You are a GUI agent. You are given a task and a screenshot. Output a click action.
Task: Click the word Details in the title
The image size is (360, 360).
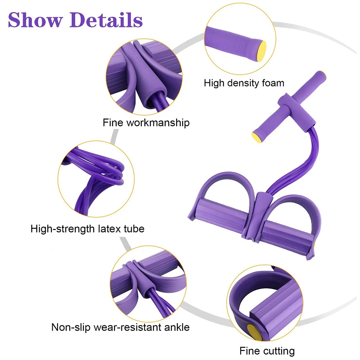pyautogui.click(x=107, y=20)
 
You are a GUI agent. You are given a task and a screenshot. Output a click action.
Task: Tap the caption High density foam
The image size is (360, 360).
pyautogui.click(x=244, y=83)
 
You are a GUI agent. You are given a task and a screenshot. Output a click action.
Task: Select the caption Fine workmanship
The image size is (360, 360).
pyautogui.click(x=146, y=123)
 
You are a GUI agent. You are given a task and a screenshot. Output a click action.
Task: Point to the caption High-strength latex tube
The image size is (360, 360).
pyautogui.click(x=87, y=228)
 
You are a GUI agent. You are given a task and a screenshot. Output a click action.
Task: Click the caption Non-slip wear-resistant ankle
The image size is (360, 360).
pyautogui.click(x=120, y=327)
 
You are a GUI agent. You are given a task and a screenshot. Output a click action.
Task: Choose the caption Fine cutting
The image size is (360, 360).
pyautogui.click(x=267, y=351)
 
